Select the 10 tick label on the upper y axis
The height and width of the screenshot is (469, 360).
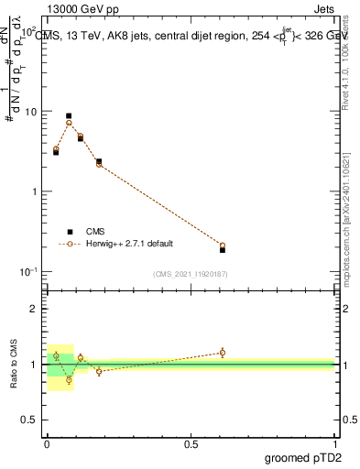point(30,112)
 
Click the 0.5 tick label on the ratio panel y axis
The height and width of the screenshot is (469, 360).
point(29,420)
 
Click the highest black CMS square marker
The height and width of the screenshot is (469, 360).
point(69,116)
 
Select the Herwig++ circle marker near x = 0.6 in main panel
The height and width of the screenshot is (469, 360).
point(223,245)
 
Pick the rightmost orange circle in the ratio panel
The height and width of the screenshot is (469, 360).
point(223,352)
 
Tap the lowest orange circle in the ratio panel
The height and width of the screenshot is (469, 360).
point(69,379)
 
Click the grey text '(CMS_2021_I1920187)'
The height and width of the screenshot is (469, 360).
point(191,273)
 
